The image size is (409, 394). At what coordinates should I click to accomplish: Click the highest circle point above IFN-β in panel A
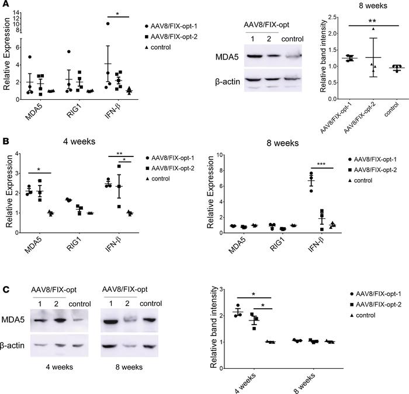pyautogui.click(x=108, y=24)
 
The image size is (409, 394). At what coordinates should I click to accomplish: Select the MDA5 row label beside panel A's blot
pyautogui.click(x=228, y=57)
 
